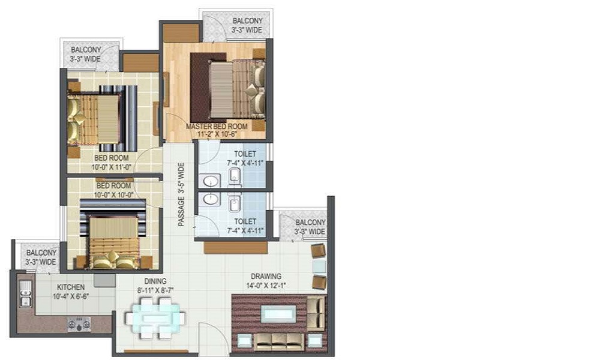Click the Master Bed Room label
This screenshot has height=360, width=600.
217,126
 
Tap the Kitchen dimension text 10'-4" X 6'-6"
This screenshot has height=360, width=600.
71,296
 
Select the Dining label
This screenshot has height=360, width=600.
155,281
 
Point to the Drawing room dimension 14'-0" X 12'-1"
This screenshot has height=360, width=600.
267,285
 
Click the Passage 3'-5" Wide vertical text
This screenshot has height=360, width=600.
181,195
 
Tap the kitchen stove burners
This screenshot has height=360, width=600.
79,324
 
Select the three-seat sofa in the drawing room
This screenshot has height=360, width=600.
280,341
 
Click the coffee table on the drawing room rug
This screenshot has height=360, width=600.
278,314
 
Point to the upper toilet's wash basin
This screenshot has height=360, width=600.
210,181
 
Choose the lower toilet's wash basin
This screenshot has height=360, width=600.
210,199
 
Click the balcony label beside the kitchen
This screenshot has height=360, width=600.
41,257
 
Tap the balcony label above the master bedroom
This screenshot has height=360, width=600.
247,25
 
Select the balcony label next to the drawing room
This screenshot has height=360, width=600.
310,227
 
